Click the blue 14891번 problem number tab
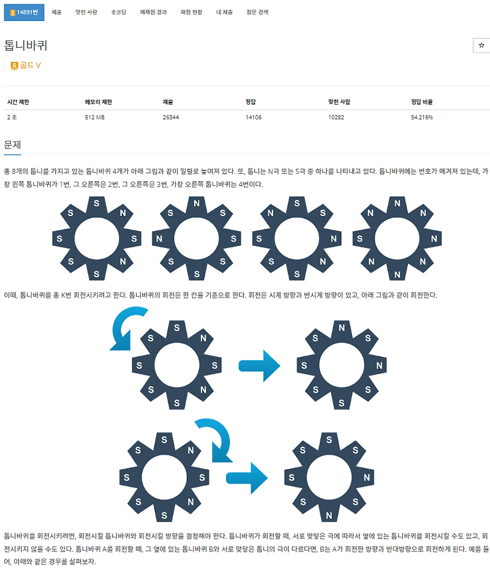(24, 12)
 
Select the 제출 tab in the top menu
(56, 12)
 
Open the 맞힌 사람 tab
(86, 12)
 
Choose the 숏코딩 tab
(118, 12)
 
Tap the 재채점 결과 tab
(153, 12)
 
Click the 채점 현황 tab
(191, 12)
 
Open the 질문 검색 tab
(257, 12)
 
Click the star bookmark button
(481, 45)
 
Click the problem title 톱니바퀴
(26, 45)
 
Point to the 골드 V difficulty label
(26, 65)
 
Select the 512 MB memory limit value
(95, 118)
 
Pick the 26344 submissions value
(171, 118)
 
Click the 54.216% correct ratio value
(422, 118)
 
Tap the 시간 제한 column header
(18, 102)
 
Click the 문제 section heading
(12, 145)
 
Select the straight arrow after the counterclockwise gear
(260, 366)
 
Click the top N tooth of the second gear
(197, 204)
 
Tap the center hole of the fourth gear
(397, 239)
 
